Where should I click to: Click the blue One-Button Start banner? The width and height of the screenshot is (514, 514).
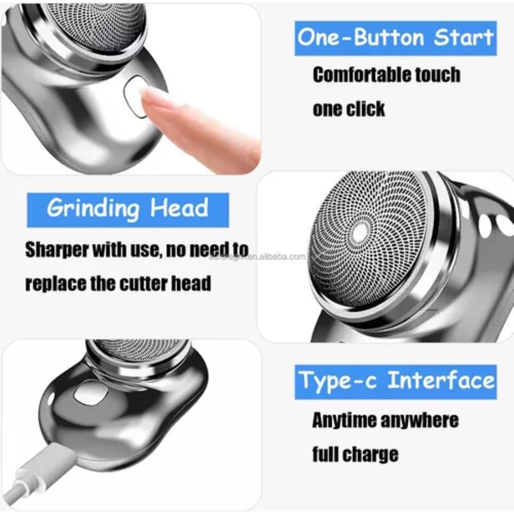[x=395, y=38]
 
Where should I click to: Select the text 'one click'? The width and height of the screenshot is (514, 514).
[x=349, y=109]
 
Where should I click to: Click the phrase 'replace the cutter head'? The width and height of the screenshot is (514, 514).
[x=118, y=283]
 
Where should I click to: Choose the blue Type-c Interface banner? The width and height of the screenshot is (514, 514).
[x=395, y=381]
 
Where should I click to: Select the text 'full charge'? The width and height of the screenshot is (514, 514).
[x=355, y=454]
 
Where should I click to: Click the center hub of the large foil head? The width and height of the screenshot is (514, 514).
[x=360, y=232]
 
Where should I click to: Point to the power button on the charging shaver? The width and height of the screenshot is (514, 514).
[x=89, y=394]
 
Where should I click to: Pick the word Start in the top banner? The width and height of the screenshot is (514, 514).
[x=464, y=38]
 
